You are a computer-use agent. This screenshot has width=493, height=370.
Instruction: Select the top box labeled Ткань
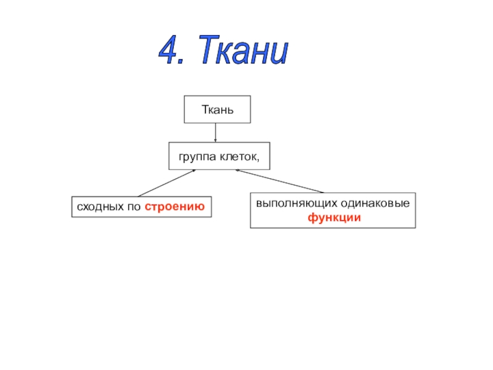point(218,110)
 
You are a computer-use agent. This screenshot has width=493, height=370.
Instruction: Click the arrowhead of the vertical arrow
point(216,141)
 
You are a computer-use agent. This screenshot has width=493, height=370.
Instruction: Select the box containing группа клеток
point(219,157)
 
